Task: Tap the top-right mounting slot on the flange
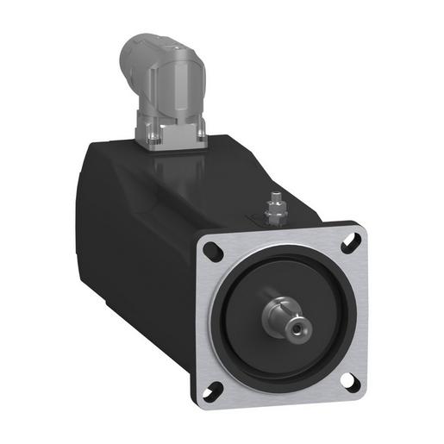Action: (x=349, y=244)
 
